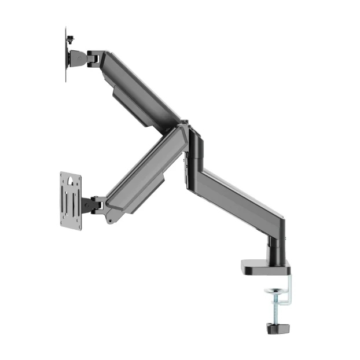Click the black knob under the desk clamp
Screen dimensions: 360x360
278,328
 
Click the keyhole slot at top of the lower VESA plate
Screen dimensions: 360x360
70,181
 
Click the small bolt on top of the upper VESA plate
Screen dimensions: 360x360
71,39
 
